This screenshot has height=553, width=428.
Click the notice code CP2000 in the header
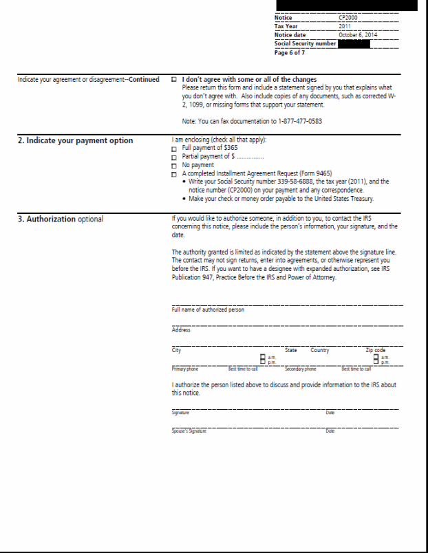[348, 17]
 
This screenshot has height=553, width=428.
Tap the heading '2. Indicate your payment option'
[76, 141]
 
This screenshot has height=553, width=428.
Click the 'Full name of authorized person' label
[208, 310]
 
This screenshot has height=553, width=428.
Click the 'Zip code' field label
[376, 350]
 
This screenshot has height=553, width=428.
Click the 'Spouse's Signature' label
[189, 431]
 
